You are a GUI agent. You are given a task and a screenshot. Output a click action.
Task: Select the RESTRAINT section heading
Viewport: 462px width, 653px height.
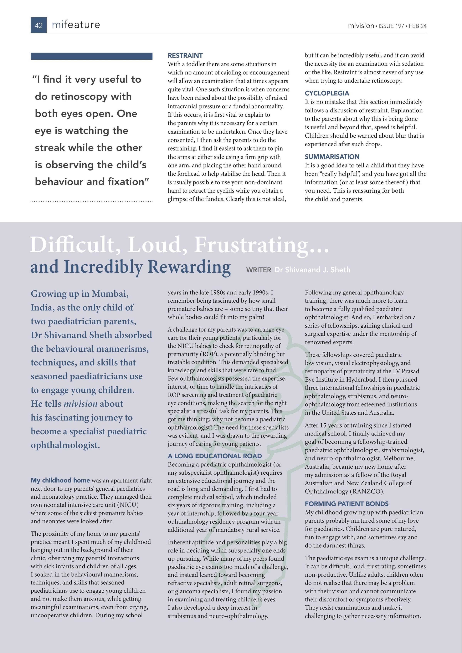(x=185, y=55)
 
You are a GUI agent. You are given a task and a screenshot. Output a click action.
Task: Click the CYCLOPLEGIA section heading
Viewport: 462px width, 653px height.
(x=327, y=93)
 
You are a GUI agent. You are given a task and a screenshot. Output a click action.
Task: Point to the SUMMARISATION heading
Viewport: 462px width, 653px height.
(x=332, y=157)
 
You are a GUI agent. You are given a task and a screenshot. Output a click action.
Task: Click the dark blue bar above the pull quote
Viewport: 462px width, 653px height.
(x=91, y=56)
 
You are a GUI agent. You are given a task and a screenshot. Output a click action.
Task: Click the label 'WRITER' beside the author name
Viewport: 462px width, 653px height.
(x=259, y=270)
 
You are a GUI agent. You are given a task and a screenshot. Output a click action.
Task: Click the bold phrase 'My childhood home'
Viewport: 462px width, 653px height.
(x=60, y=480)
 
